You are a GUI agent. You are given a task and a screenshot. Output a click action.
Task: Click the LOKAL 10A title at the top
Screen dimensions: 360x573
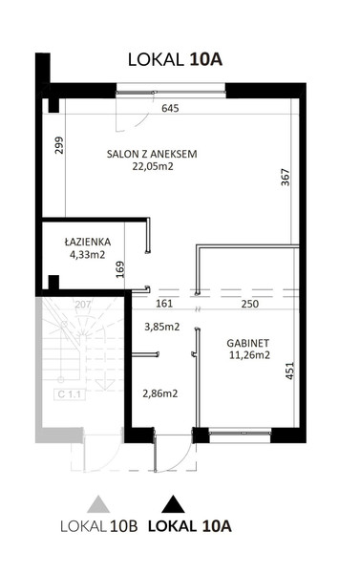[x=175, y=60]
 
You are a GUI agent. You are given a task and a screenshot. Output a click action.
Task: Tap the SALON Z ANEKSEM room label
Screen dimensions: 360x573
[x=152, y=154]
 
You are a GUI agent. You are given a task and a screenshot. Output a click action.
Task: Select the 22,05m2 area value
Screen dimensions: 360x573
[x=153, y=166]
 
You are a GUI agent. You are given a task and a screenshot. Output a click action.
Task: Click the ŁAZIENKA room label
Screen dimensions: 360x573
[x=88, y=242]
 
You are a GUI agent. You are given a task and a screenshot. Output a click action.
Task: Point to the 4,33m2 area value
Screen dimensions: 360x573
[x=87, y=254]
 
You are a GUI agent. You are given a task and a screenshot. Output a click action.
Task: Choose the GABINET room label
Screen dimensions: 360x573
[x=247, y=343]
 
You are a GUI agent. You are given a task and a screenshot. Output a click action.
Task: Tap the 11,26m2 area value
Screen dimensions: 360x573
[x=249, y=355]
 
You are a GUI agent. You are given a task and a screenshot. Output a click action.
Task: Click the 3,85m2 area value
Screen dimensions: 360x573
[x=162, y=327]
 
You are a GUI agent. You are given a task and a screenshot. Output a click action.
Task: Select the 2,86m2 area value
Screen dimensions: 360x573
[x=159, y=393]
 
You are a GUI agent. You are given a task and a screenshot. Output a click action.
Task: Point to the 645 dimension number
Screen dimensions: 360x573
[x=170, y=108]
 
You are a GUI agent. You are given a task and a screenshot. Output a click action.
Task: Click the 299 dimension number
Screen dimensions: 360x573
[x=59, y=145]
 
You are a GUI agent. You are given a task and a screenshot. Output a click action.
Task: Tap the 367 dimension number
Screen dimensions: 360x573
[x=286, y=178]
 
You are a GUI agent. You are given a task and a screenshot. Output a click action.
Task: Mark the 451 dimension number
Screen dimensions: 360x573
[x=289, y=371]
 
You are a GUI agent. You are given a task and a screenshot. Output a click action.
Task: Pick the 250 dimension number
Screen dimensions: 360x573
[x=250, y=304]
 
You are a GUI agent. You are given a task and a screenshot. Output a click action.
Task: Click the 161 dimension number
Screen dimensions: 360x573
[x=164, y=304]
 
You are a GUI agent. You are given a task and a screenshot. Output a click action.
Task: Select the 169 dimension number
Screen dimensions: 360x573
[x=120, y=269]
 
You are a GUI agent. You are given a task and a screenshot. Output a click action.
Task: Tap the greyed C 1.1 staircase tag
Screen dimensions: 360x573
[x=70, y=394]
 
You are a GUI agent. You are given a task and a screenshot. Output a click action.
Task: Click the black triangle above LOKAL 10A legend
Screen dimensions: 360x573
[x=173, y=505]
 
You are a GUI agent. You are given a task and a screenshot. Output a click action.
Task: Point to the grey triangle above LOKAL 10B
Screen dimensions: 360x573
[x=98, y=505]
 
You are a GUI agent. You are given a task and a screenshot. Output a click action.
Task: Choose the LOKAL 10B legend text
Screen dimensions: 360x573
[x=99, y=526]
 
